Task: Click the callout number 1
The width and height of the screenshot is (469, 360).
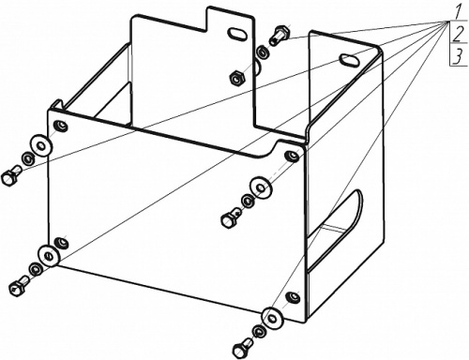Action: pos(457,13)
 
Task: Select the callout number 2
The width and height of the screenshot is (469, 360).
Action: pos(458,35)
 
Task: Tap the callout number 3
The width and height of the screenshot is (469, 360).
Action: pos(458,57)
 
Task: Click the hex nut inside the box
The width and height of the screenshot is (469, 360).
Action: pos(236,78)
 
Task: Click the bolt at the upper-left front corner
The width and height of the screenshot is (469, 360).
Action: pos(10,176)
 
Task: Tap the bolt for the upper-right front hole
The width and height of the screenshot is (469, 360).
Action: pos(231,217)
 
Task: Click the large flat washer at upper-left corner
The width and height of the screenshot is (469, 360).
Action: pos(40,145)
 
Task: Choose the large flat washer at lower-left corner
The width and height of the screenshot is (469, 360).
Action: pos(49,256)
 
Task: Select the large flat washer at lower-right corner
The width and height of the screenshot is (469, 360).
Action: pos(272,318)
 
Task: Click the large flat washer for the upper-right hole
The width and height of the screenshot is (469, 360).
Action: pos(261,187)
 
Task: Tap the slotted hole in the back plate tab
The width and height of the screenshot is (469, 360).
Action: pos(236,34)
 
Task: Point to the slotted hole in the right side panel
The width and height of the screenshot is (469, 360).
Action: pos(350,59)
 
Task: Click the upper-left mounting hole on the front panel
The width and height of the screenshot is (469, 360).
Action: pos(61,126)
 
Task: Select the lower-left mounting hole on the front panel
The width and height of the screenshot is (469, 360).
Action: pos(61,243)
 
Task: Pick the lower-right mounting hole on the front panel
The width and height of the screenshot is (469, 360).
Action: pos(294,296)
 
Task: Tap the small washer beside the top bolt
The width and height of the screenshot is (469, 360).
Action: pos(262,52)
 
